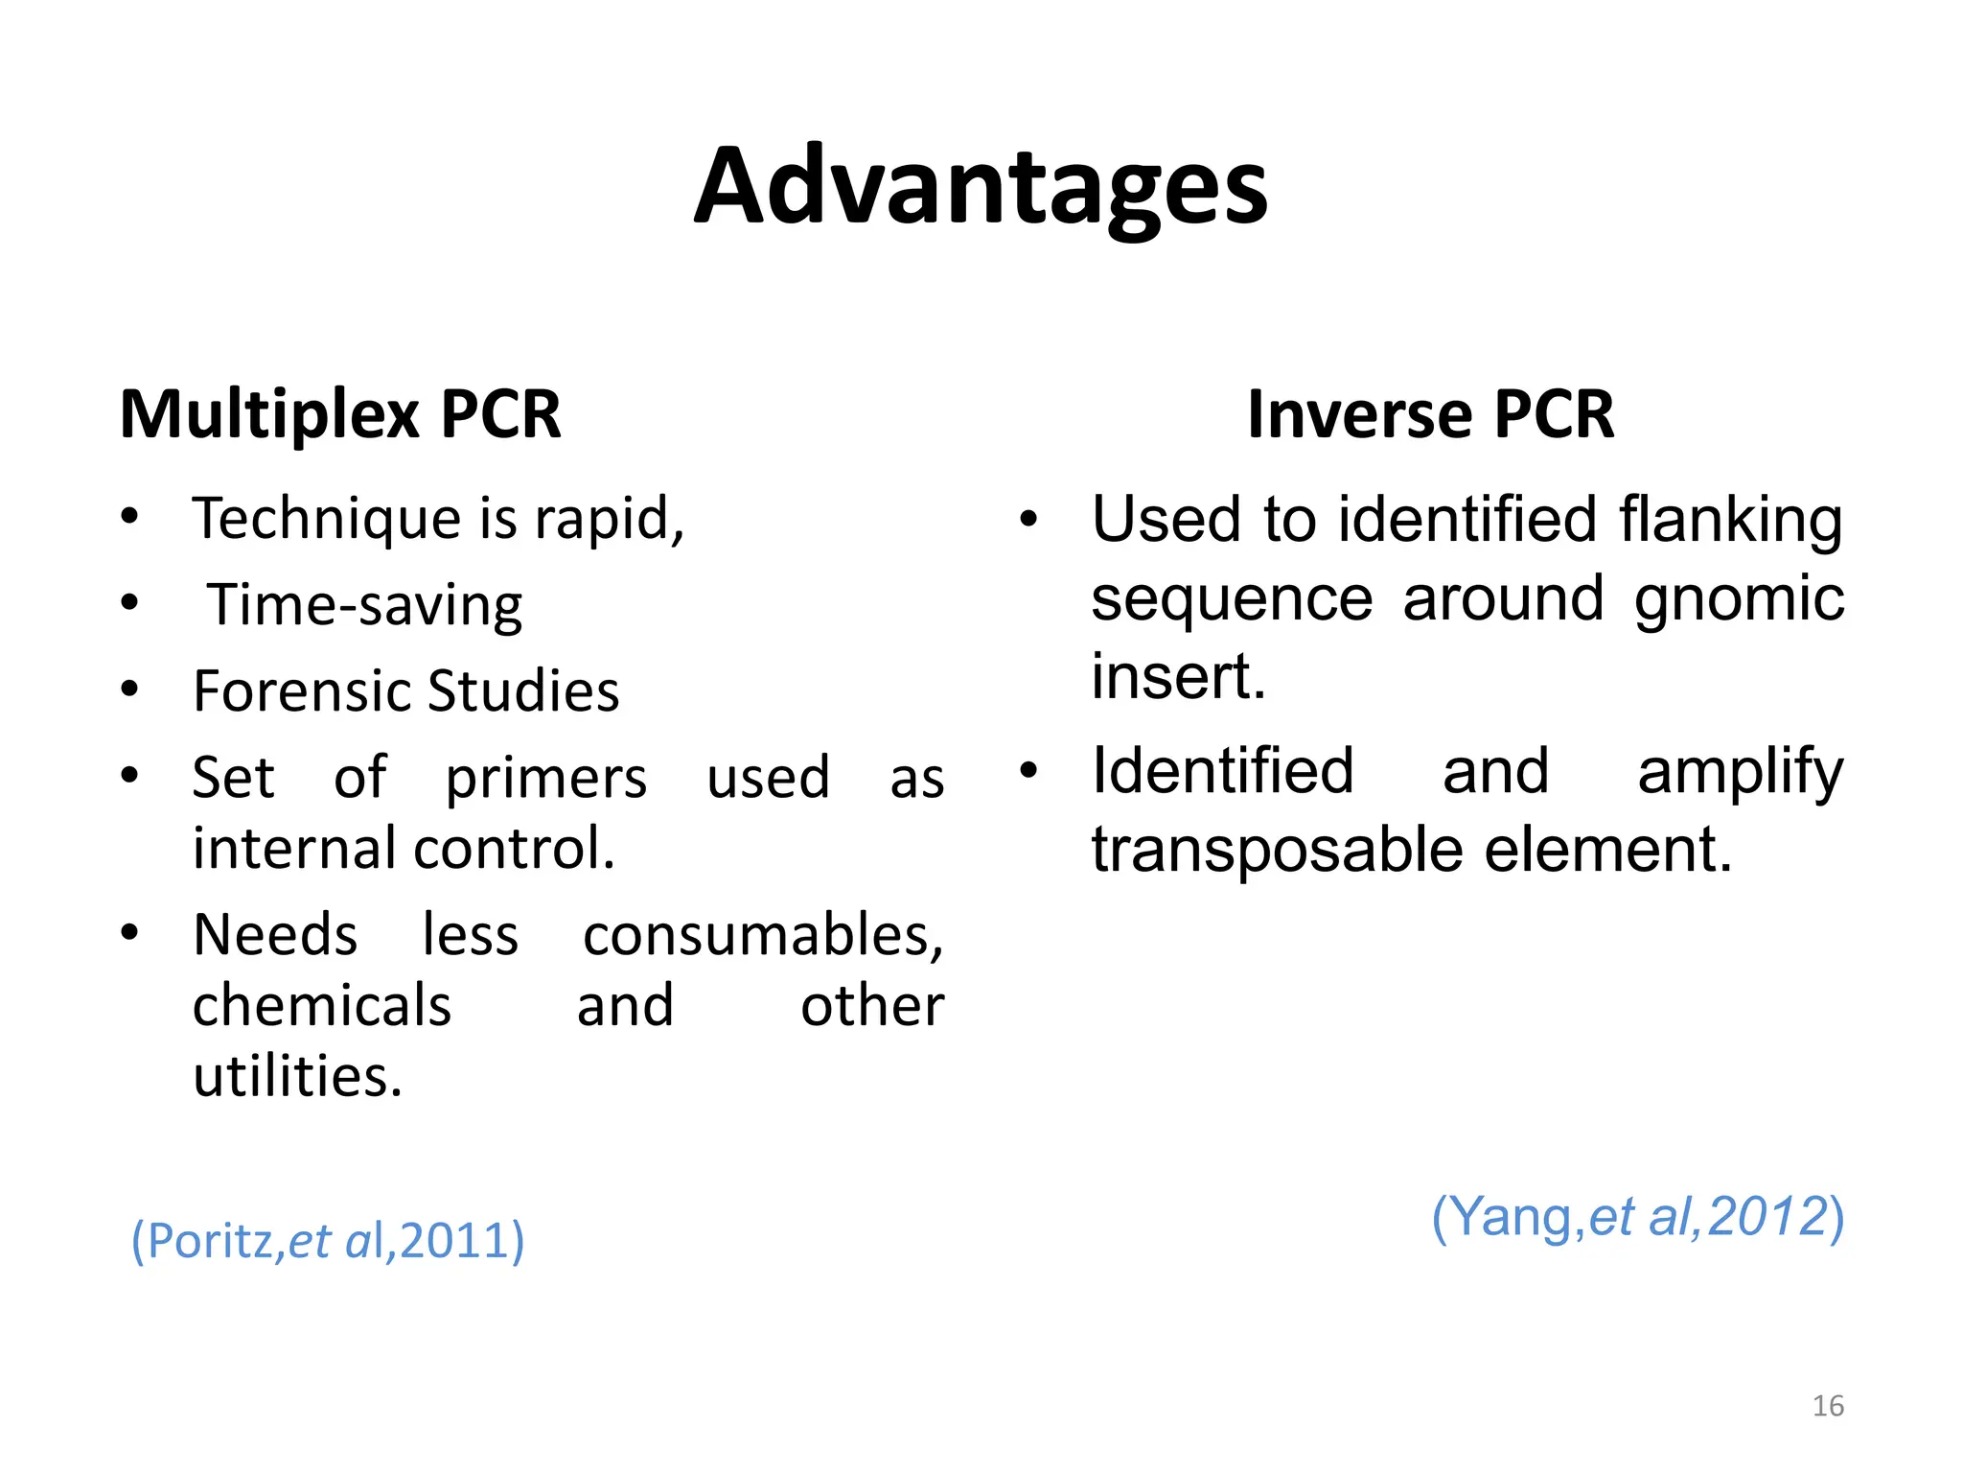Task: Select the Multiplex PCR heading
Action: click(x=340, y=414)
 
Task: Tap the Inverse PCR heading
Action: click(x=1430, y=414)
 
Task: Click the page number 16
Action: click(x=1828, y=1406)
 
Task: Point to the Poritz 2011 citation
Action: click(x=328, y=1241)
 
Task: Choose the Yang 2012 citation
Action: click(x=1637, y=1217)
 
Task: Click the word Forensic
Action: click(x=303, y=690)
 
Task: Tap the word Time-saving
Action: click(x=365, y=606)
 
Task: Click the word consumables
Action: click(x=763, y=935)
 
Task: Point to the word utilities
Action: click(x=297, y=1076)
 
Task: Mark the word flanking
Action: click(x=1731, y=520)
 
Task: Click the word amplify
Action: click(x=1740, y=772)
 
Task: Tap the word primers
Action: click(x=546, y=779)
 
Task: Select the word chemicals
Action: click(x=322, y=1006)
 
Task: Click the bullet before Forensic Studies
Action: click(x=130, y=689)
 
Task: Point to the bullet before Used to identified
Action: click(x=1028, y=519)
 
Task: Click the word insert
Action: click(x=1178, y=676)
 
